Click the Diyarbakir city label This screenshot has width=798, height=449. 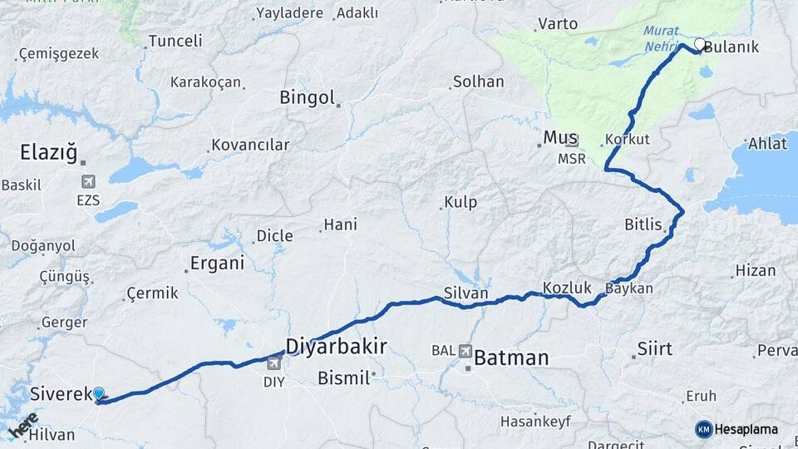coord(336,346)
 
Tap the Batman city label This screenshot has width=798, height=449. coord(511,358)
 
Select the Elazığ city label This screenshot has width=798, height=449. coord(48,153)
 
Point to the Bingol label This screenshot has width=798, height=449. coord(306,97)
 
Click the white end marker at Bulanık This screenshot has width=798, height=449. coord(700,44)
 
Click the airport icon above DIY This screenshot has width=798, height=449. coord(274,363)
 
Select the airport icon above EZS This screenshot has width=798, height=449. coord(88,181)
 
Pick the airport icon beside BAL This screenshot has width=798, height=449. coord(464,351)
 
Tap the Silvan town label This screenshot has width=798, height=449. coord(465,293)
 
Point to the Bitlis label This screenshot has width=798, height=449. coord(643,224)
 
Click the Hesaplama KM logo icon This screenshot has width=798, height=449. coord(704,429)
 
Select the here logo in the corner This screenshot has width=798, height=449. coord(23,426)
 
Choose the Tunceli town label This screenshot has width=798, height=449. coord(175,41)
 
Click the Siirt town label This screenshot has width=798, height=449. coord(654,348)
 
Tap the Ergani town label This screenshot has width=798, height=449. coord(218,264)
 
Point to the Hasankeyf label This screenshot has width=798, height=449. coord(535,421)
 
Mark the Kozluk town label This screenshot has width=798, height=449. coord(567,288)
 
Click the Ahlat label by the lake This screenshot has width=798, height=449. coord(766,144)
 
